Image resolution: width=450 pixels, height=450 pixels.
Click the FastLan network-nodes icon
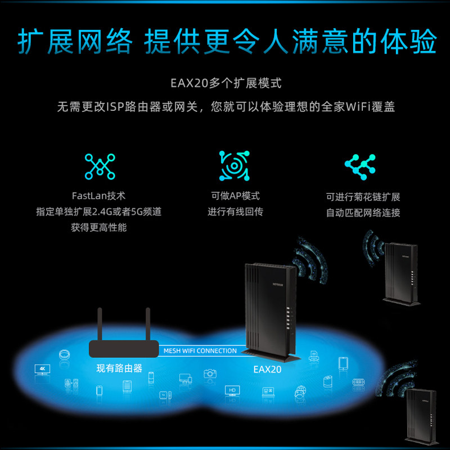coord(100,166)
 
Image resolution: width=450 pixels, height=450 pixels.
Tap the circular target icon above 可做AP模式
coord(234,166)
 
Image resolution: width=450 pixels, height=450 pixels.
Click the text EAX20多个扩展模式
coord(226,84)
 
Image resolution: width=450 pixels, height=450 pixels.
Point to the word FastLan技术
coord(99,196)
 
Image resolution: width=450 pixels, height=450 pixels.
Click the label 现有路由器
coord(119,369)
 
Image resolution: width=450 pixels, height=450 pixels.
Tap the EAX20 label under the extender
coord(267,370)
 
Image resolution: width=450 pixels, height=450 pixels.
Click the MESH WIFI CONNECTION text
coord(200,351)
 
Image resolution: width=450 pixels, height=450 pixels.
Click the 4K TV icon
coord(42,370)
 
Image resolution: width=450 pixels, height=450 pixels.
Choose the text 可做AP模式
coord(235,196)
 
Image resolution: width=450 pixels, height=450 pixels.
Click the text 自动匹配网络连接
coord(363,213)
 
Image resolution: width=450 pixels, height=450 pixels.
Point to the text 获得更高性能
coord(99,228)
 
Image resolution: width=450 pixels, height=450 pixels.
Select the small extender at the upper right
coord(401,273)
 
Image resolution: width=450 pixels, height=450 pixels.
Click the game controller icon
coord(359,382)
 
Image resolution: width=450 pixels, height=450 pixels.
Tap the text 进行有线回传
coord(235,212)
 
